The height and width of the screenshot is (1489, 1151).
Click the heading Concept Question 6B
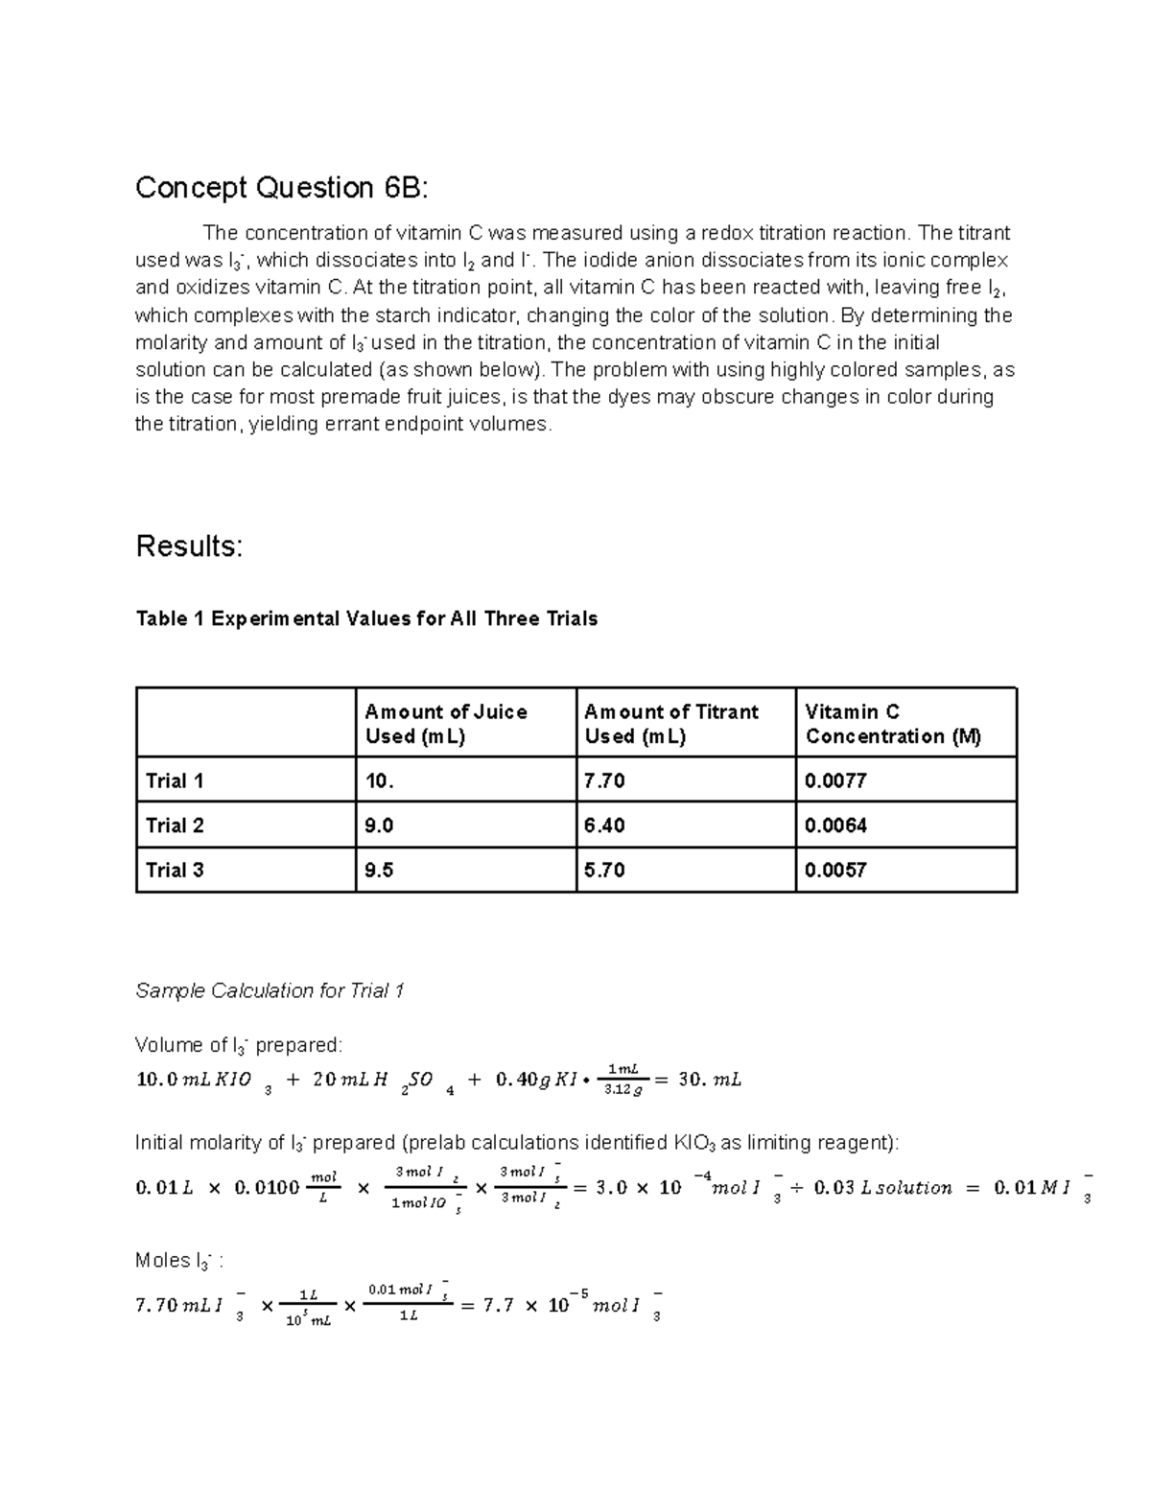(x=282, y=187)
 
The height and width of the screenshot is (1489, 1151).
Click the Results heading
(x=189, y=546)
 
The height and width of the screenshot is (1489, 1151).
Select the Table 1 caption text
(x=366, y=618)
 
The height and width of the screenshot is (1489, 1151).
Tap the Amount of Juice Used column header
(x=446, y=724)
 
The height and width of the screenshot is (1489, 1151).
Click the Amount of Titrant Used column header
(x=670, y=724)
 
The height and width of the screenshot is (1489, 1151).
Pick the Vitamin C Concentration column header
(x=893, y=724)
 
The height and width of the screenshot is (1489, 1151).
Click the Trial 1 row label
(x=175, y=780)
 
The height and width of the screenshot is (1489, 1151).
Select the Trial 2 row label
(x=175, y=826)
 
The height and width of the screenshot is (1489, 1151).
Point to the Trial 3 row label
(x=175, y=870)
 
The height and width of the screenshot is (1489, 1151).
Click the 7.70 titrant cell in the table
(x=604, y=780)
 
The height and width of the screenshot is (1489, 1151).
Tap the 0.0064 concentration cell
(x=835, y=826)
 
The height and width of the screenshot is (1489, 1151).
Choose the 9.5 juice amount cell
(x=380, y=870)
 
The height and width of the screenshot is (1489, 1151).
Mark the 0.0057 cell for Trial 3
(x=835, y=870)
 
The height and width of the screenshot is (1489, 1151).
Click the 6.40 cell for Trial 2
(x=604, y=826)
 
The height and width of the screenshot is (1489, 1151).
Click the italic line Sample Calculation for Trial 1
(x=270, y=990)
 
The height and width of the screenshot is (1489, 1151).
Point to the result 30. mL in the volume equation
(x=709, y=1080)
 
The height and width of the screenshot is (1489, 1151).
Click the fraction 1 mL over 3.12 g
(x=623, y=1079)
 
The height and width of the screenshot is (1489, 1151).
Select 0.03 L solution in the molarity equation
(x=882, y=1188)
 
